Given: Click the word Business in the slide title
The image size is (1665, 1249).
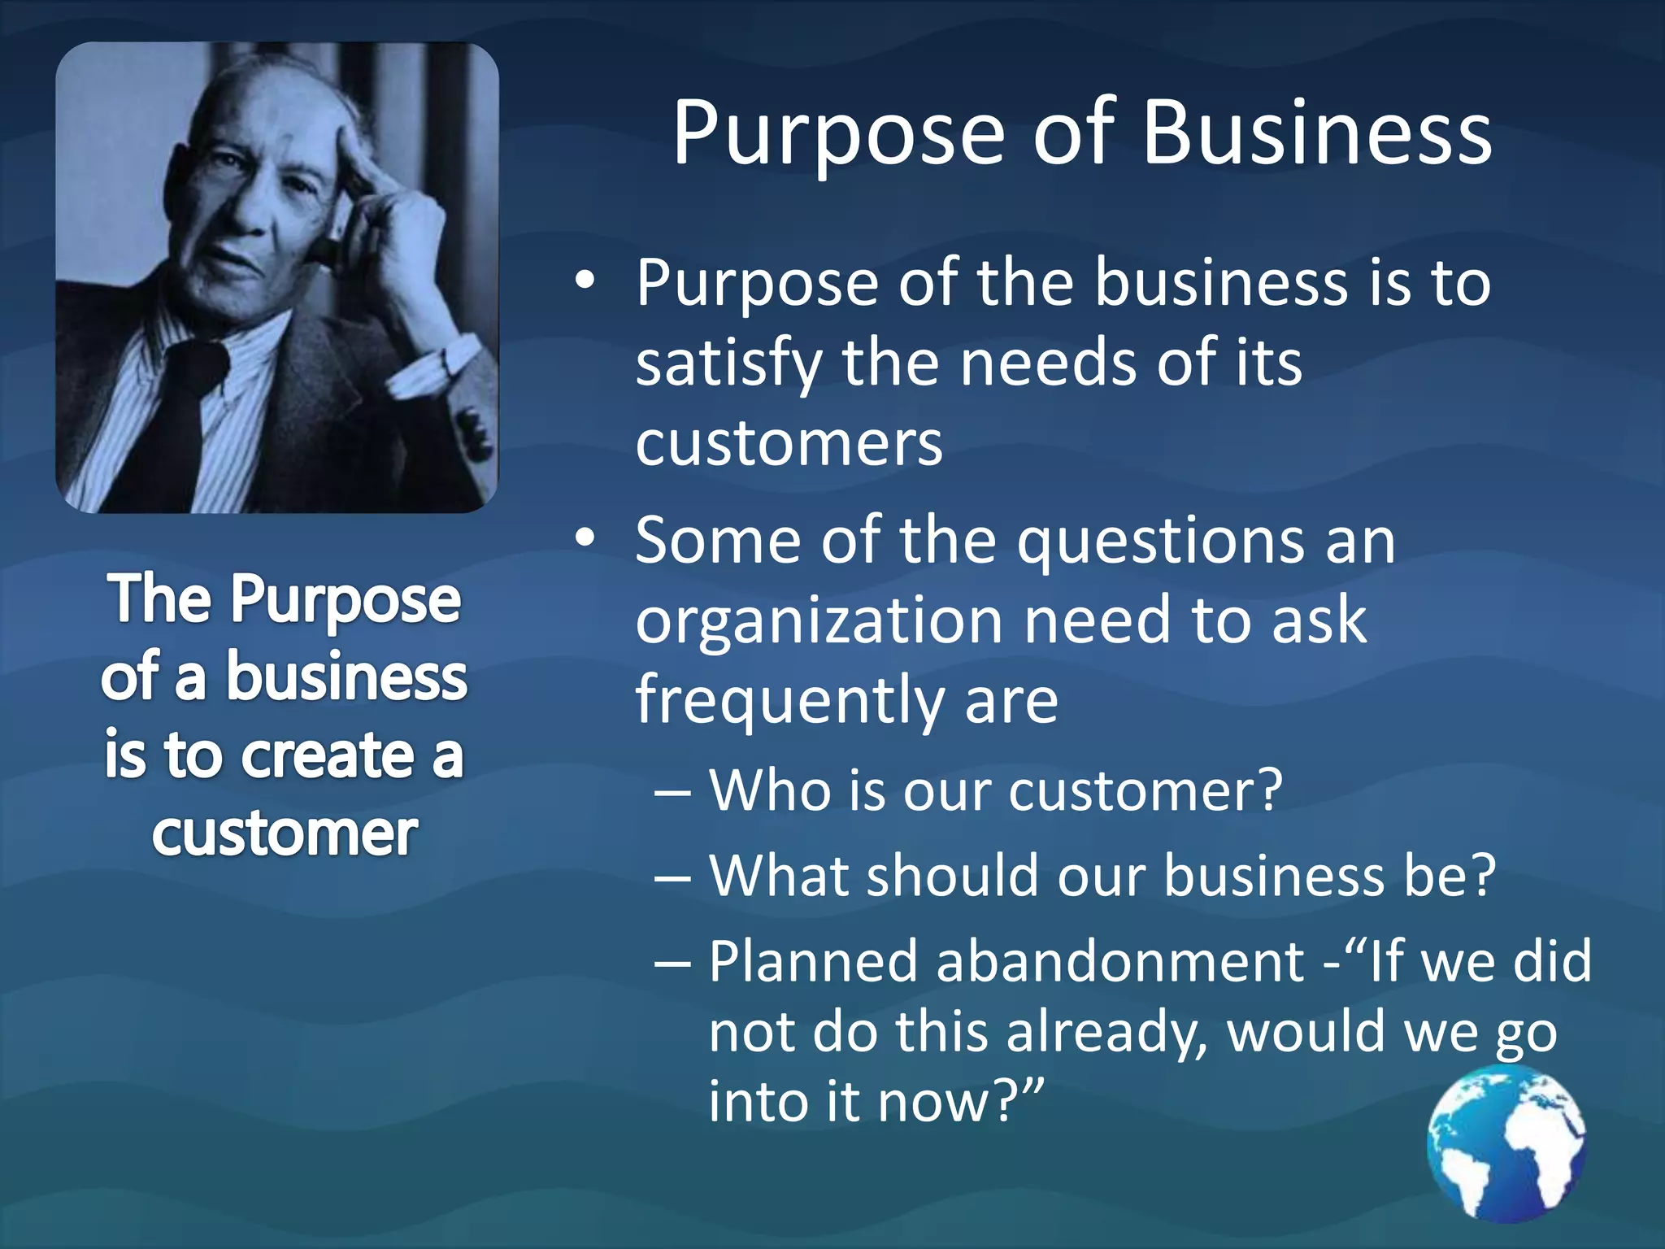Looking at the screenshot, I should (x=1317, y=133).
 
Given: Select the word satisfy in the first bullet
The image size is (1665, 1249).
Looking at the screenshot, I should (x=728, y=363).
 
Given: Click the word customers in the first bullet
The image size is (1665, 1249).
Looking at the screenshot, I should (x=789, y=444).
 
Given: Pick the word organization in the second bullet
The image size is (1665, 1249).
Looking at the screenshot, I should (x=819, y=621).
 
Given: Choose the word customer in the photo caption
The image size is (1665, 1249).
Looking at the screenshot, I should (x=285, y=834).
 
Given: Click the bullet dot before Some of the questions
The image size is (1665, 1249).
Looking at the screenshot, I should (x=585, y=538).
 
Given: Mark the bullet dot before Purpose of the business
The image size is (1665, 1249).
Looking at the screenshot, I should (x=585, y=281).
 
